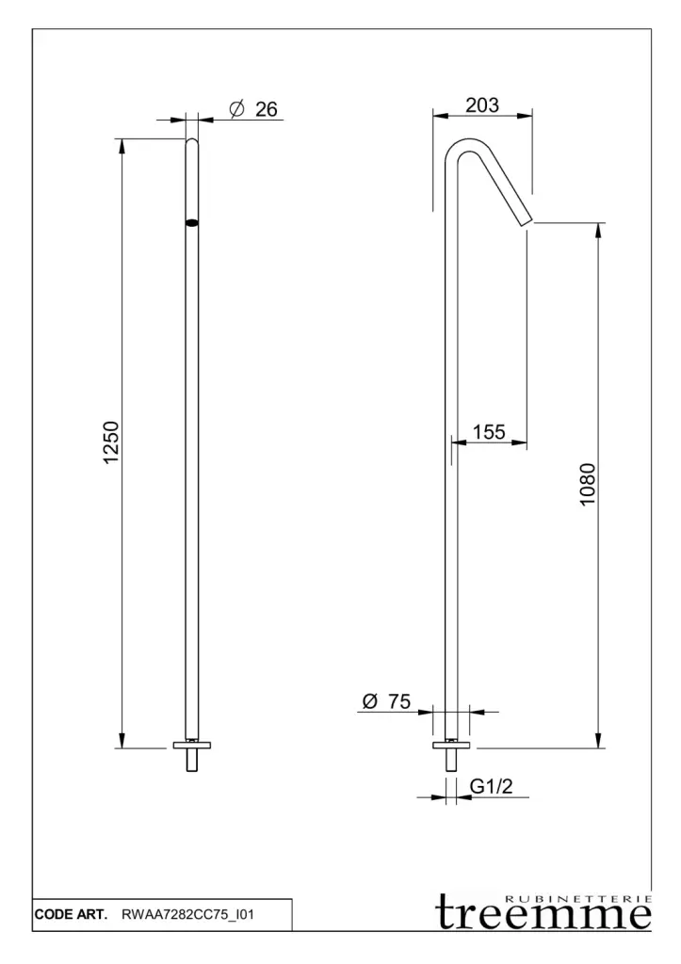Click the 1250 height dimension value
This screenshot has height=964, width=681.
pyautogui.click(x=111, y=442)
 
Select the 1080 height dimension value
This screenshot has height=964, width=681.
pyautogui.click(x=588, y=485)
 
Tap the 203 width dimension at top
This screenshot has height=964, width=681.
pyautogui.click(x=482, y=105)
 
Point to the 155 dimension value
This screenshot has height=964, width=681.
pyautogui.click(x=489, y=431)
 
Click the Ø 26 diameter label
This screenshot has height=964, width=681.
pyautogui.click(x=253, y=109)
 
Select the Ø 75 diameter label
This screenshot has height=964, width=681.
pyautogui.click(x=386, y=700)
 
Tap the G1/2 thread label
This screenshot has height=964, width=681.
pyautogui.click(x=491, y=786)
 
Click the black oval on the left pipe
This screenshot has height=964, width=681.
pyautogui.click(x=192, y=223)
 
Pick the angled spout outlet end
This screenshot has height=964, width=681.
pyautogui.click(x=527, y=222)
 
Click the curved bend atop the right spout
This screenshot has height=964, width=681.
pyautogui.click(x=469, y=141)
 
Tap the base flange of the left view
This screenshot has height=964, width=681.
pyautogui.click(x=192, y=746)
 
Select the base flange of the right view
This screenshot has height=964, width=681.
pyautogui.click(x=452, y=746)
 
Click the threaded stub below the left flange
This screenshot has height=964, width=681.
pyautogui.click(x=192, y=760)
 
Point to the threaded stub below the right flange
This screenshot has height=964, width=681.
pyautogui.click(x=452, y=760)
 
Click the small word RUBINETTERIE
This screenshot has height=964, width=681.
pyautogui.click(x=577, y=899)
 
